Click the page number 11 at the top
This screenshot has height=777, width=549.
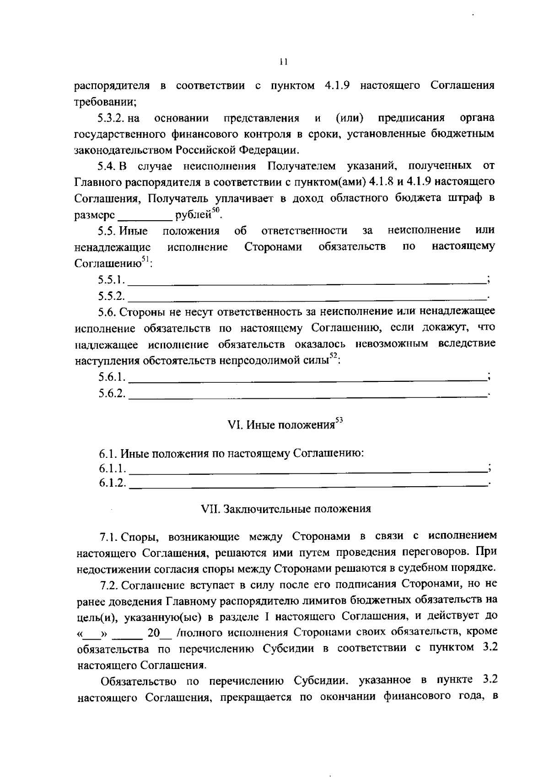(284, 62)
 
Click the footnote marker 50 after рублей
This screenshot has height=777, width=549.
(215, 210)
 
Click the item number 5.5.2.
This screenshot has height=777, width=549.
(111, 296)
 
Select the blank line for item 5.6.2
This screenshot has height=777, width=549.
(307, 394)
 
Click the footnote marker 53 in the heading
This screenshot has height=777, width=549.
(339, 419)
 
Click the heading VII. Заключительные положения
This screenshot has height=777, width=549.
(286, 509)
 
